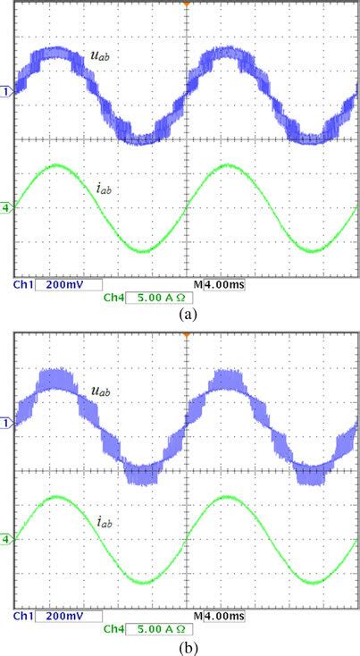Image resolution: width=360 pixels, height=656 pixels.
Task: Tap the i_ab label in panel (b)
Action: (106, 519)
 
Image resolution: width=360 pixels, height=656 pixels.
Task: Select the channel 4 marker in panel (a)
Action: (6, 207)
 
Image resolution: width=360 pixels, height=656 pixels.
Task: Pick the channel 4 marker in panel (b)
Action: (6, 539)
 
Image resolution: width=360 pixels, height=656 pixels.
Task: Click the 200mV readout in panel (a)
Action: (68, 284)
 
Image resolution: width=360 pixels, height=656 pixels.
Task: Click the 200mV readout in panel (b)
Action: (68, 616)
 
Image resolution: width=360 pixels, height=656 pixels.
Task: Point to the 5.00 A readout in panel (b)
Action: (157, 630)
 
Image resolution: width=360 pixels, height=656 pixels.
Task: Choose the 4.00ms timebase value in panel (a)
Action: (224, 284)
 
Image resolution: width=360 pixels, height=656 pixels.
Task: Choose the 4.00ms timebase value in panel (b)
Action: (224, 616)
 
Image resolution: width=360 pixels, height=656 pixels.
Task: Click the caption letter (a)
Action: (187, 314)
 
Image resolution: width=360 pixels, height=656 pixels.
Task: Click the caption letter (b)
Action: (187, 645)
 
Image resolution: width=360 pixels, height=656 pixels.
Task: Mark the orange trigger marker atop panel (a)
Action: (186, 5)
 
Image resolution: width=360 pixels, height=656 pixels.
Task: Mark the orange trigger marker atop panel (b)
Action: (186, 335)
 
